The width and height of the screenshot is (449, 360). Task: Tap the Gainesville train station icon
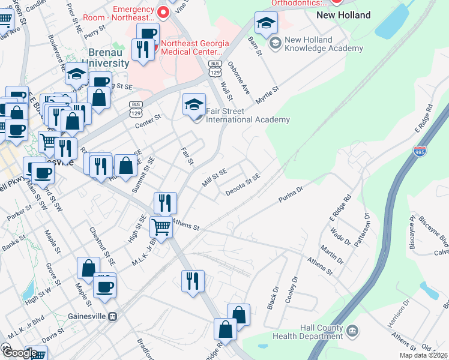(x=112, y=316)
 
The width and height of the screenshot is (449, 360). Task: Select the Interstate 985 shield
(x=420, y=152)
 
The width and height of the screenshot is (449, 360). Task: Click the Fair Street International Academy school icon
(x=194, y=105)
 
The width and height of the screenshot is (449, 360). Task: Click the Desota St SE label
(x=243, y=185)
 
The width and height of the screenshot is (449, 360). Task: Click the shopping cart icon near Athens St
(x=161, y=227)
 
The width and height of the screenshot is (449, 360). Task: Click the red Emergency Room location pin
(x=163, y=11)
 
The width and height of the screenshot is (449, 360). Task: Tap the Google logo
(x=20, y=353)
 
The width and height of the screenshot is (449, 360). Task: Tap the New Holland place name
(x=343, y=15)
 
